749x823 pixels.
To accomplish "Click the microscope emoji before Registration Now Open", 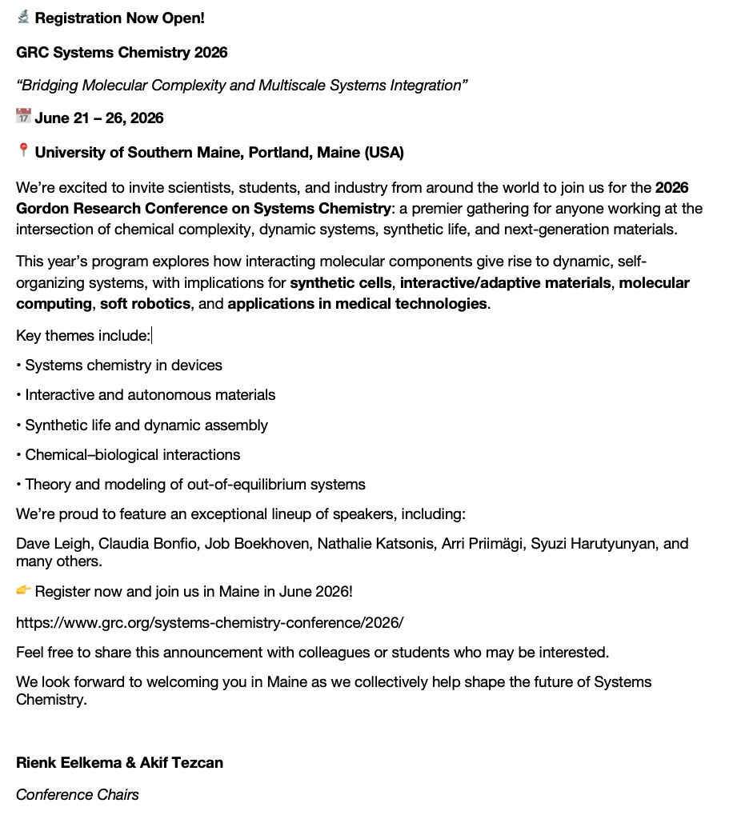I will [x=23, y=17].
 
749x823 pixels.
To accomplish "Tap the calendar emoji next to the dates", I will [x=23, y=117].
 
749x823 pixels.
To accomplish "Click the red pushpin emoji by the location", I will [x=23, y=150].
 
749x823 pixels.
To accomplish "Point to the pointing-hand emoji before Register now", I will [x=23, y=590].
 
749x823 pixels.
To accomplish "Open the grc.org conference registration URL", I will [x=210, y=621].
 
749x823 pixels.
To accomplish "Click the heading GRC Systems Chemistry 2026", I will [x=122, y=53].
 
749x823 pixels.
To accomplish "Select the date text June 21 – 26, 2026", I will [x=99, y=118].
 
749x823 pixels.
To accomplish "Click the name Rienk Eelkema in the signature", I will [x=67, y=763].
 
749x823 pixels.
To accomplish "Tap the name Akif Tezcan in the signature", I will [x=182, y=763].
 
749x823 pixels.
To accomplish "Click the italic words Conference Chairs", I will [x=78, y=795].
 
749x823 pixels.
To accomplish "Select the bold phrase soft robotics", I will [x=146, y=304].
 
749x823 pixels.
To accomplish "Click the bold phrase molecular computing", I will [x=655, y=283].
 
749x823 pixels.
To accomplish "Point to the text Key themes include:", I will [x=83, y=336].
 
